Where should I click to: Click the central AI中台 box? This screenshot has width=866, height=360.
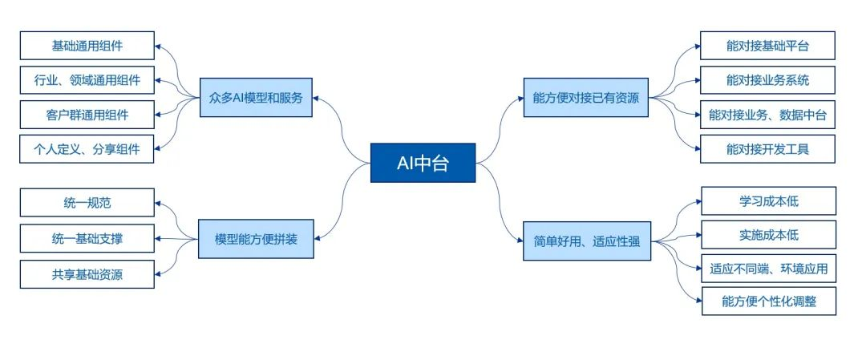click(423, 163)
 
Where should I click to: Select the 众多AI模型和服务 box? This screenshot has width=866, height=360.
click(255, 98)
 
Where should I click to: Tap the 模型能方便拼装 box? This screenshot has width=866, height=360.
click(255, 240)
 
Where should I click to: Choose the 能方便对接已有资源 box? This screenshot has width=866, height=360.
click(586, 98)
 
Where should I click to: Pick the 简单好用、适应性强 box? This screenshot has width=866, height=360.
click(586, 240)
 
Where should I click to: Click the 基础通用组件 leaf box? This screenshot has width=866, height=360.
click(87, 46)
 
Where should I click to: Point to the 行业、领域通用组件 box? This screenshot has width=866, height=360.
click(87, 80)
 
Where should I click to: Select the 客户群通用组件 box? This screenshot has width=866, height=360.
click(87, 115)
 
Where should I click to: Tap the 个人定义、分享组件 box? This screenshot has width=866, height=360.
click(87, 149)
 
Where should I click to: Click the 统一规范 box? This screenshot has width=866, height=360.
click(87, 203)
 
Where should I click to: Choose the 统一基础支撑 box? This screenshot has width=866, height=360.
click(87, 238)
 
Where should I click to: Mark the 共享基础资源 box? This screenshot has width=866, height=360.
click(87, 273)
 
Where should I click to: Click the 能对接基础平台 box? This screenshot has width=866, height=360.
click(767, 46)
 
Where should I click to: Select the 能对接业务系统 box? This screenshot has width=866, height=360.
click(767, 80)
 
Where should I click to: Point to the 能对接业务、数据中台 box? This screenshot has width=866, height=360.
click(767, 115)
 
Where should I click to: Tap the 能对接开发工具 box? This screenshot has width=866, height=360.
click(767, 149)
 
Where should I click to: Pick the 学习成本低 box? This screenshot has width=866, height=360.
click(768, 201)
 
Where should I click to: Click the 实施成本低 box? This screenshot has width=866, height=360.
click(768, 235)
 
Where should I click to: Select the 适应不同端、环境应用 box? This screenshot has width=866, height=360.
click(768, 269)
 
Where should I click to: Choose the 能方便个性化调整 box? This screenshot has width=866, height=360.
click(768, 302)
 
